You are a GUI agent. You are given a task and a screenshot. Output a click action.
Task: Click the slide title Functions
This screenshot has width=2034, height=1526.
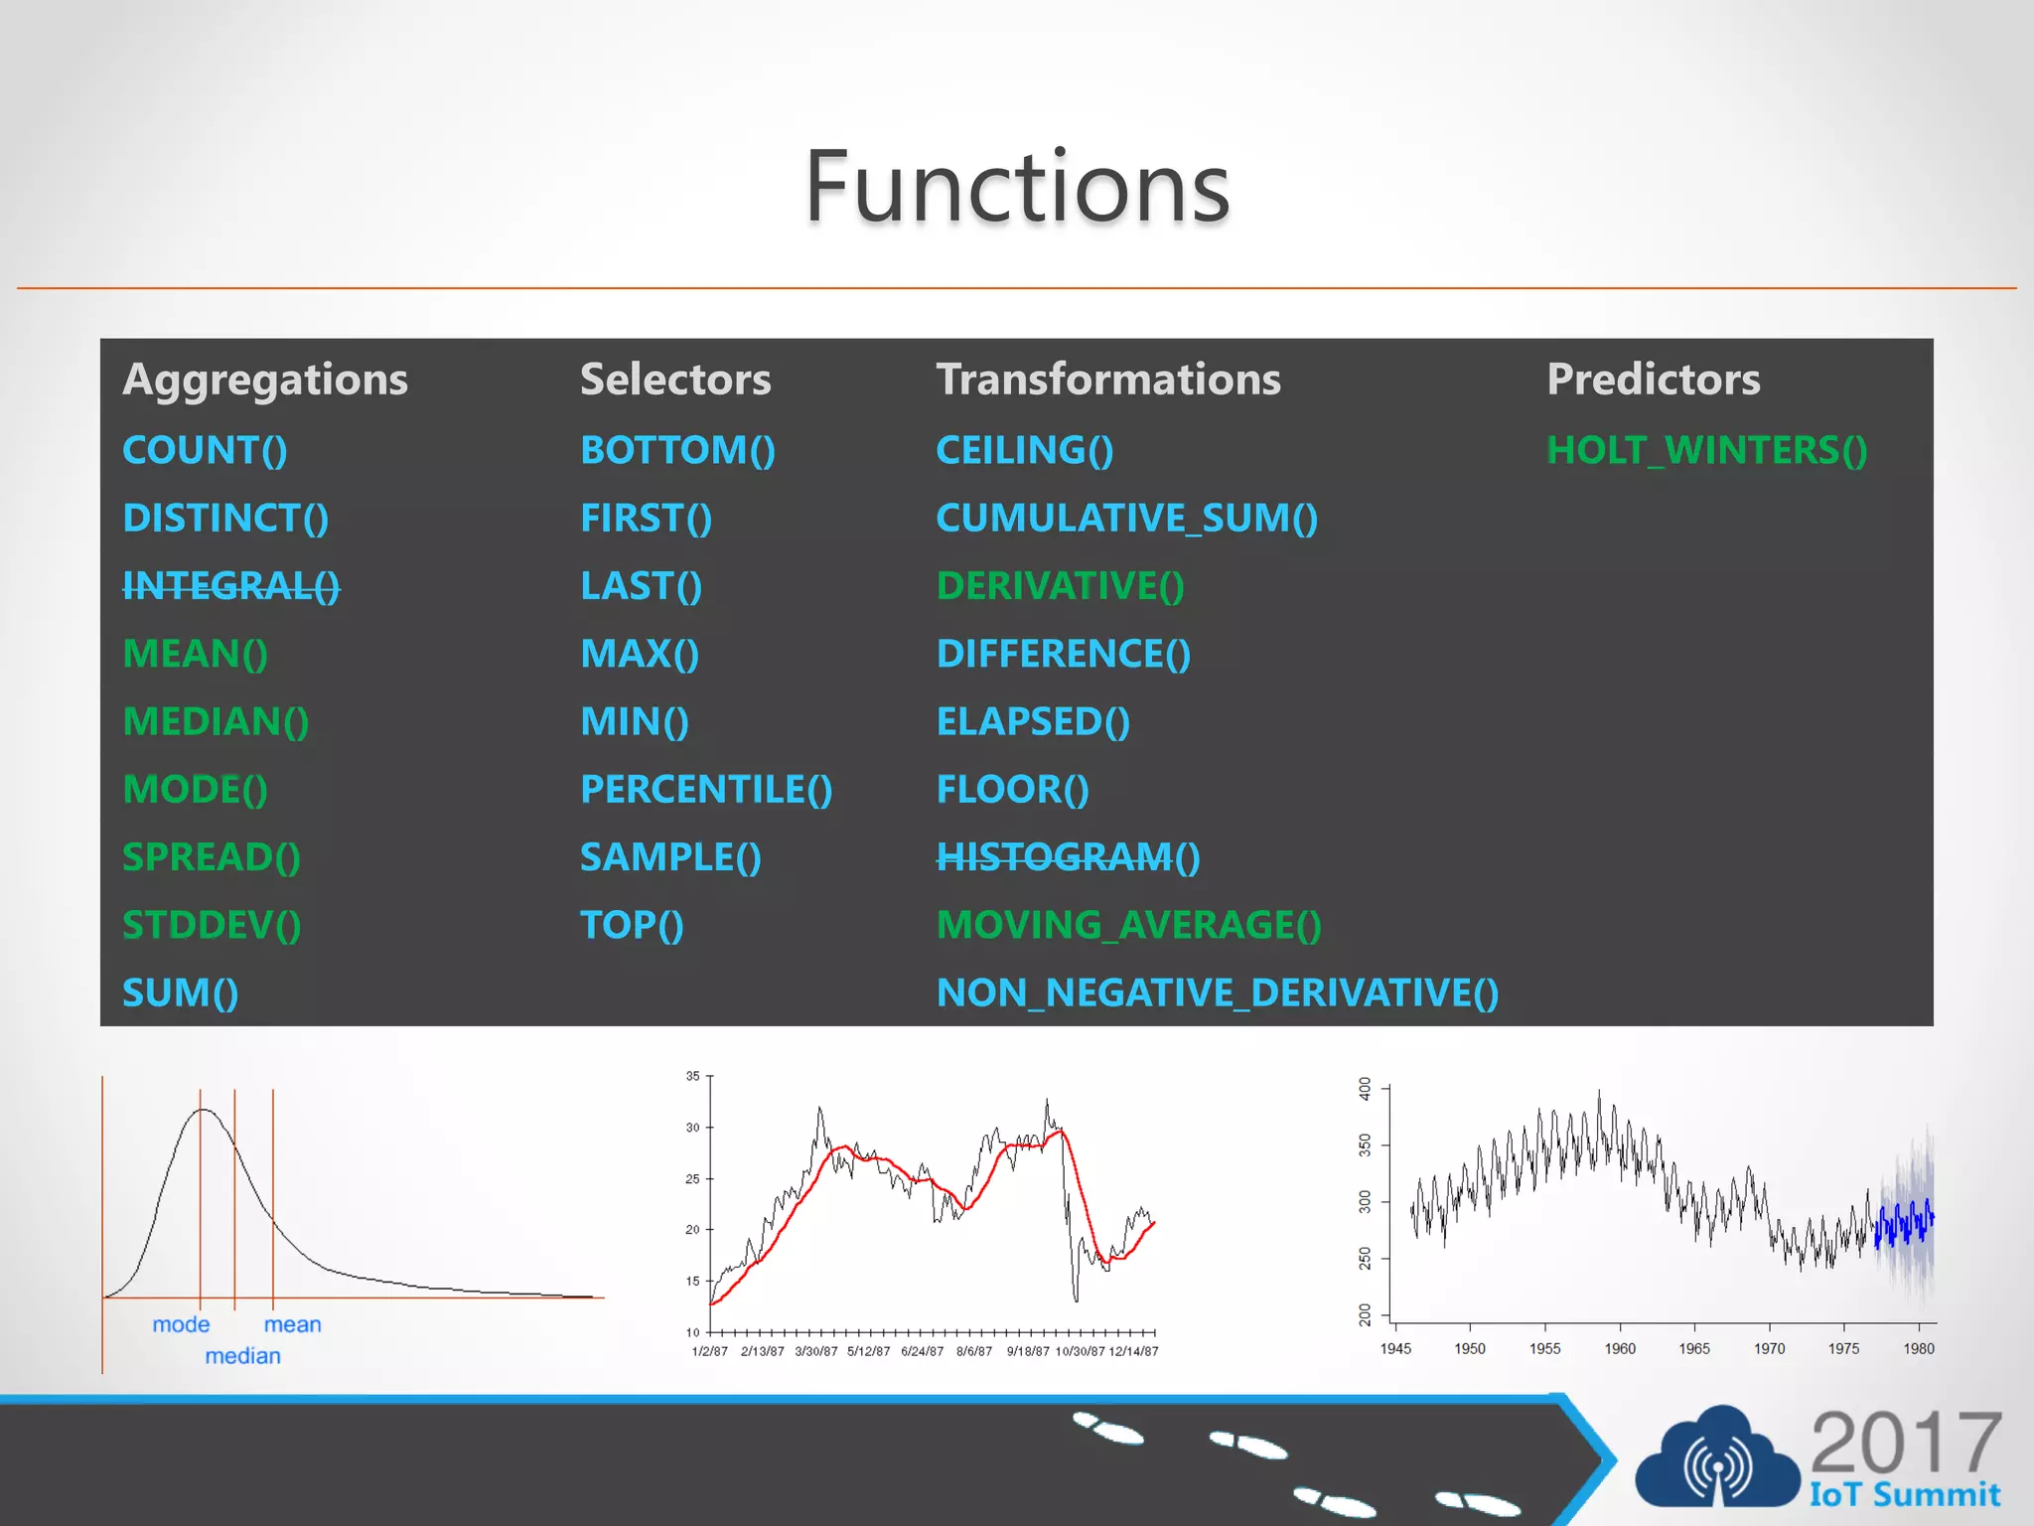[x=1017, y=187]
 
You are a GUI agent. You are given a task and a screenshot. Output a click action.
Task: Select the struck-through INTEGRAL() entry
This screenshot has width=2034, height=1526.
[x=230, y=586]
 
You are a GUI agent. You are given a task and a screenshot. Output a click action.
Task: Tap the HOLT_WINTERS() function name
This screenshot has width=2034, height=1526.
[x=1706, y=451]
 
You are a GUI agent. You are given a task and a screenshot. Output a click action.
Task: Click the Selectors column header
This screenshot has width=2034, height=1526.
[x=675, y=380]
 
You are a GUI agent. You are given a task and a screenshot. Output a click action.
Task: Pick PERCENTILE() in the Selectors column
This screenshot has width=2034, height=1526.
[x=706, y=790]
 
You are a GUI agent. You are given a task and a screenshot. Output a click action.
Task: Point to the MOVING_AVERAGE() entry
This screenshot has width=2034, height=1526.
[x=1128, y=926]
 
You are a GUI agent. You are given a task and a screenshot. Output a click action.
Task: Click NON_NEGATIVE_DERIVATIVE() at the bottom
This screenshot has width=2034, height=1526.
[x=1217, y=993]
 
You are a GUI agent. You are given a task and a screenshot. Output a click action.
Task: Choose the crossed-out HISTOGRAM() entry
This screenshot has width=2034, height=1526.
[x=1068, y=857]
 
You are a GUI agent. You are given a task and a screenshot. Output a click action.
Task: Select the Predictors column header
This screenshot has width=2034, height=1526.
[x=1653, y=380]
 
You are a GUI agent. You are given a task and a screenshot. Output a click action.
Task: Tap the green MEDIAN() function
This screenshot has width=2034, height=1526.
[x=216, y=722]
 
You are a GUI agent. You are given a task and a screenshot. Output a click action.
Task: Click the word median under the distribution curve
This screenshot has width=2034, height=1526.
[x=242, y=1356]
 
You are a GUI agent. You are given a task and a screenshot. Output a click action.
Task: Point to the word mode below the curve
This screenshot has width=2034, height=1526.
[x=181, y=1324]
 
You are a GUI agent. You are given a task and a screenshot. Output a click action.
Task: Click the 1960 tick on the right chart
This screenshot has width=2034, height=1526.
[x=1620, y=1348]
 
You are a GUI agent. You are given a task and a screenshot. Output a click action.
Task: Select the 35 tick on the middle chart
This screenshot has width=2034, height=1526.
[x=693, y=1076]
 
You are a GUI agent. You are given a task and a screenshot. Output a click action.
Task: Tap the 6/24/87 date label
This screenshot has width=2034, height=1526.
[x=922, y=1351]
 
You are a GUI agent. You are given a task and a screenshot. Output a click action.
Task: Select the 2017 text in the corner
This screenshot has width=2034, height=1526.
[x=1905, y=1443]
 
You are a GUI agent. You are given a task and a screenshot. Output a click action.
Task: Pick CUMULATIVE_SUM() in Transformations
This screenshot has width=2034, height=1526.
[x=1126, y=519]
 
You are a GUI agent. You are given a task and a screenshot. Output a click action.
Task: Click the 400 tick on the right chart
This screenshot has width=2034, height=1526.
[x=1366, y=1089]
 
